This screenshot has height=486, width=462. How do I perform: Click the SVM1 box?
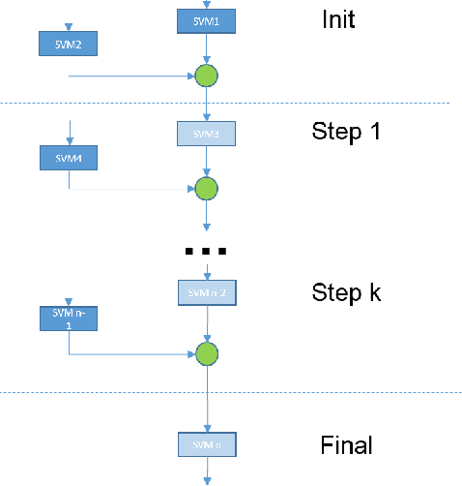tap(206, 20)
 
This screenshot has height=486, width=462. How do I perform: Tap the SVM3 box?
tap(206, 133)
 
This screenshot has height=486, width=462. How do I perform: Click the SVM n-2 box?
tap(206, 291)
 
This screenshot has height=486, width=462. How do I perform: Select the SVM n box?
tap(206, 444)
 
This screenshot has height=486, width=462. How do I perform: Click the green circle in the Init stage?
tap(206, 76)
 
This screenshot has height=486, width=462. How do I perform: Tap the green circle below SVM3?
tap(206, 188)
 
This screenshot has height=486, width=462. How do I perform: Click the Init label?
tap(338, 19)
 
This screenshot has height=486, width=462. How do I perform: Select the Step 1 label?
tap(346, 131)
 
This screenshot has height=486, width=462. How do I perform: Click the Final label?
tap(346, 445)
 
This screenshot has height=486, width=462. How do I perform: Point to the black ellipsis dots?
tap(206, 251)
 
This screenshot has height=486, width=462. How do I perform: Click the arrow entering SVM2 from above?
tap(69, 26)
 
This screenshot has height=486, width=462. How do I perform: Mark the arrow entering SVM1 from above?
tap(206, 5)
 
